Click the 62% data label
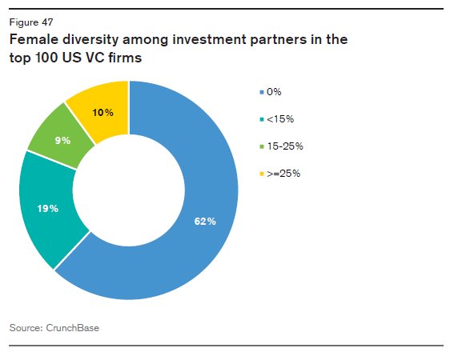pos(205,221)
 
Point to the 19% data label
pos(47,209)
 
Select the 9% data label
pos(62,140)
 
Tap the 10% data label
pos(102,112)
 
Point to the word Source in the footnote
pos(23,327)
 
